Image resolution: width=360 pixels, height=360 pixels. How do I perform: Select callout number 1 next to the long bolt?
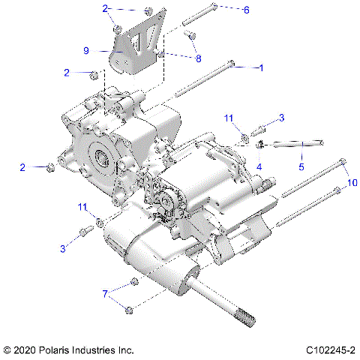pos(260,67)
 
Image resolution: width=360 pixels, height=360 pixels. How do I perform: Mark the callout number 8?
pos(198,58)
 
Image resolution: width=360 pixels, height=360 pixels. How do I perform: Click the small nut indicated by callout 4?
pos(259,144)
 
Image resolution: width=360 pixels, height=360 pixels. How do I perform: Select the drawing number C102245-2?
pos(331,350)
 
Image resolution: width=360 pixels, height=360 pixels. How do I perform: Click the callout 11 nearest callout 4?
pos(230,118)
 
